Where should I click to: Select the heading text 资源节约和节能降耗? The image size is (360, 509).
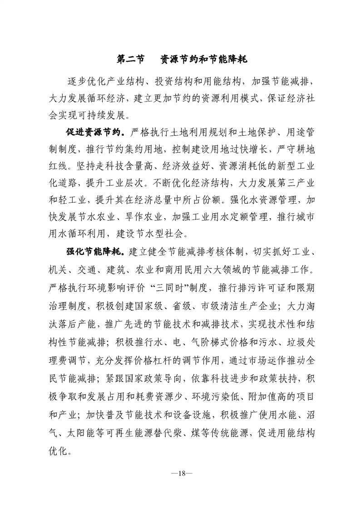pyautogui.click(x=204, y=59)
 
